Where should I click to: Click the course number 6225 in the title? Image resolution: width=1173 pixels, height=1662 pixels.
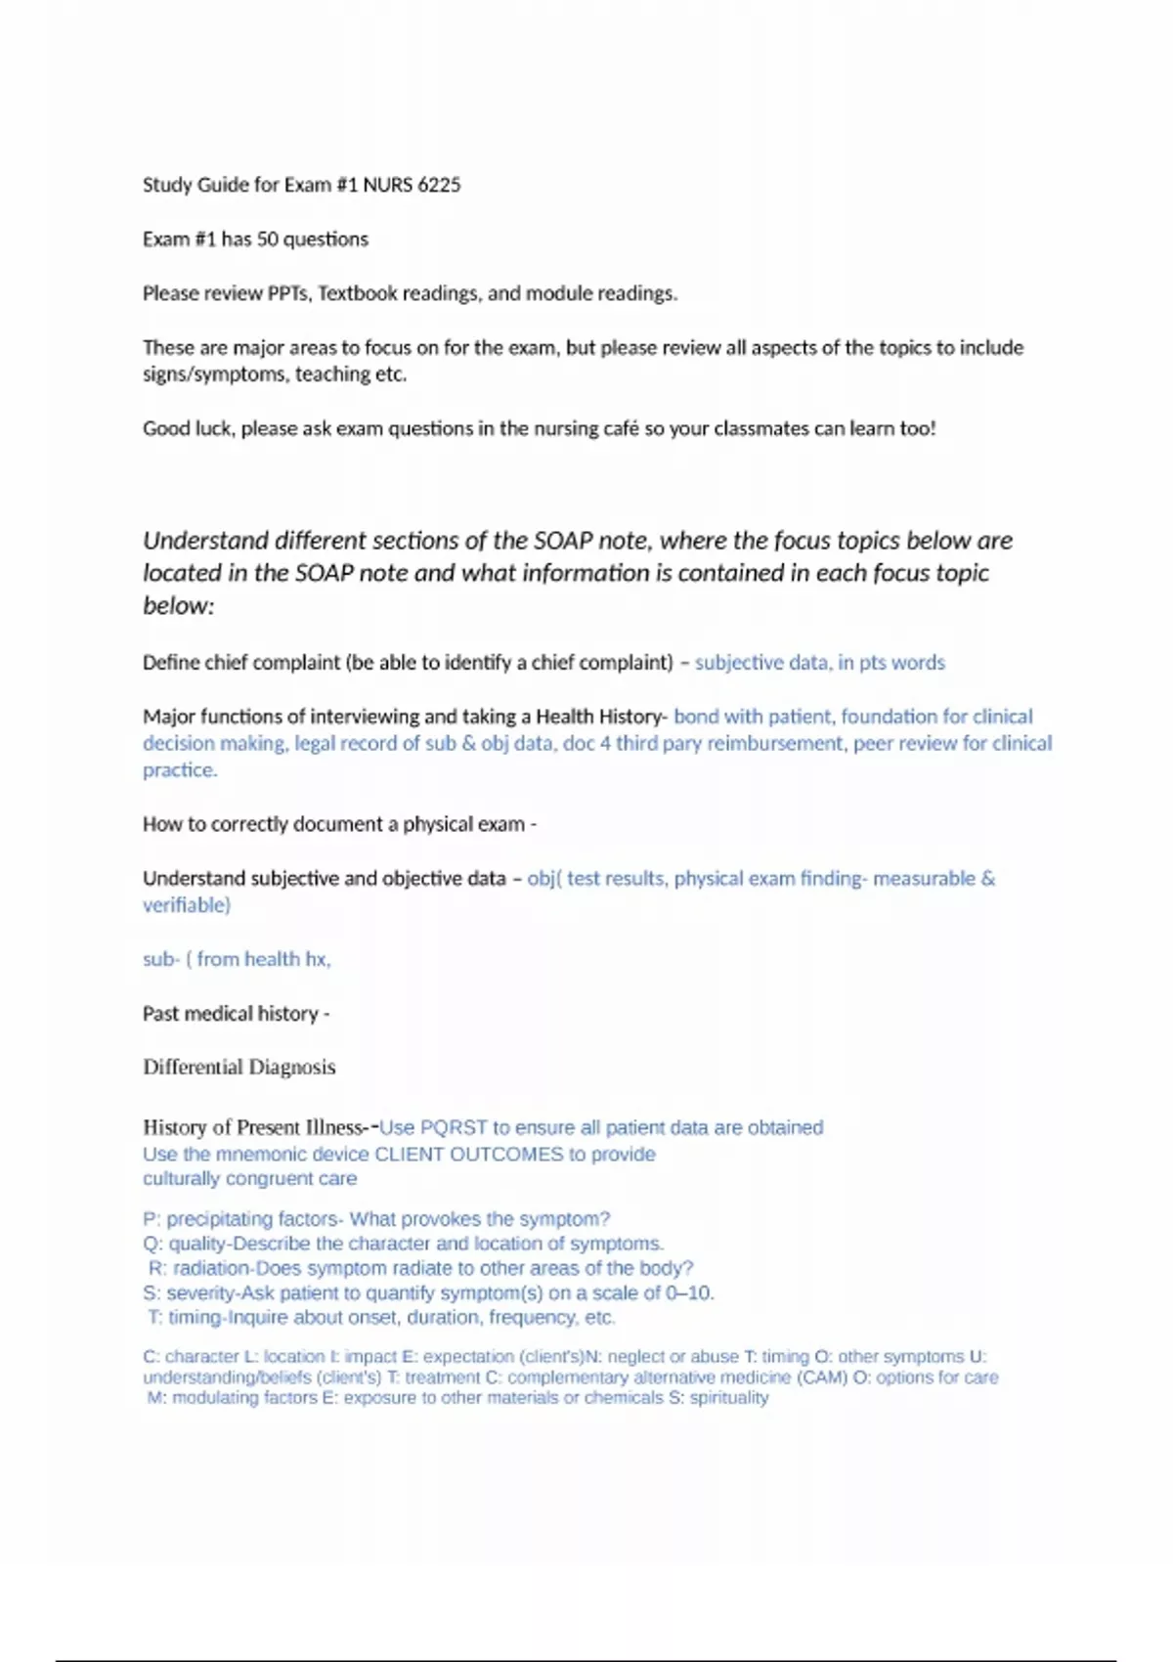(x=438, y=185)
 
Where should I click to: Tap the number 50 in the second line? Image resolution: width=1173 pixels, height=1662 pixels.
(x=267, y=240)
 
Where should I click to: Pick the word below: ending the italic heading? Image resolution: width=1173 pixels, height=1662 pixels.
(x=179, y=606)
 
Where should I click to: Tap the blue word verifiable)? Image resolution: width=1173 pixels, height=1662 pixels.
(x=187, y=905)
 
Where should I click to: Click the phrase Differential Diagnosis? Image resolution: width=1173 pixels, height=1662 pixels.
(x=239, y=1068)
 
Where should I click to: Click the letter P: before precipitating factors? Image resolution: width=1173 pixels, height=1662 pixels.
(x=152, y=1219)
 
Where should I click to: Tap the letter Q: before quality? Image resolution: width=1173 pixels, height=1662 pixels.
(x=152, y=1244)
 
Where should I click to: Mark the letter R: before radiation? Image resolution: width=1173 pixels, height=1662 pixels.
(x=157, y=1268)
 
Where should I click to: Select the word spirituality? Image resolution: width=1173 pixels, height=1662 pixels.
(x=729, y=1398)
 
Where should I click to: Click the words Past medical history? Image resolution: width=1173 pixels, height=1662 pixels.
(x=230, y=1014)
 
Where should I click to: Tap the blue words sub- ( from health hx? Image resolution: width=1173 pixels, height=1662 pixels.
(x=237, y=959)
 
